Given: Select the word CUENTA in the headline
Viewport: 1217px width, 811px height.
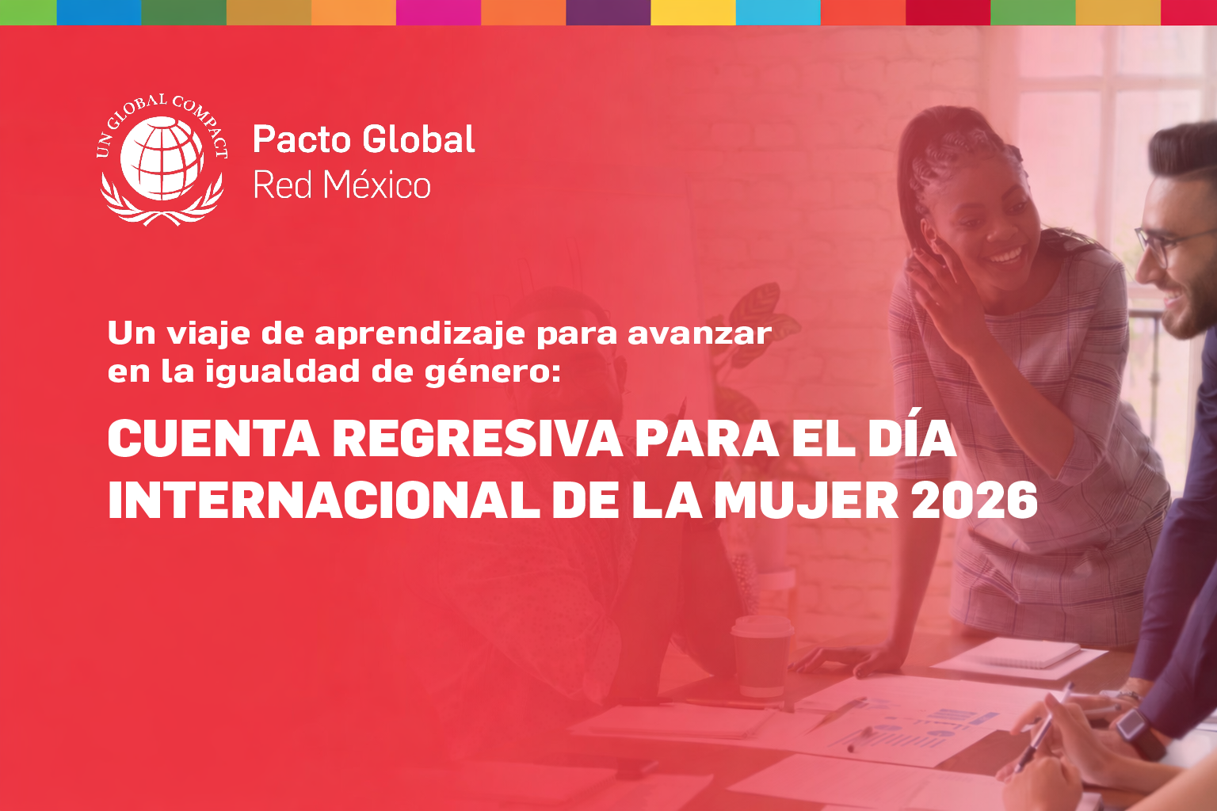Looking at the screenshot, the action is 213,438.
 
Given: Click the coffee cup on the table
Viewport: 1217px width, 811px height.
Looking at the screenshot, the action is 761,656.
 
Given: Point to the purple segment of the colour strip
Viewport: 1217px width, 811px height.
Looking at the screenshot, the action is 608,12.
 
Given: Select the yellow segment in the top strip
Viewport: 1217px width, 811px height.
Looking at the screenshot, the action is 693,12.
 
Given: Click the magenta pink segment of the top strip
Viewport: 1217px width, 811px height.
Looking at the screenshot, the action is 438,12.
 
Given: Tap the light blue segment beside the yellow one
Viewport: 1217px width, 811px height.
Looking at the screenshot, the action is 778,12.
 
